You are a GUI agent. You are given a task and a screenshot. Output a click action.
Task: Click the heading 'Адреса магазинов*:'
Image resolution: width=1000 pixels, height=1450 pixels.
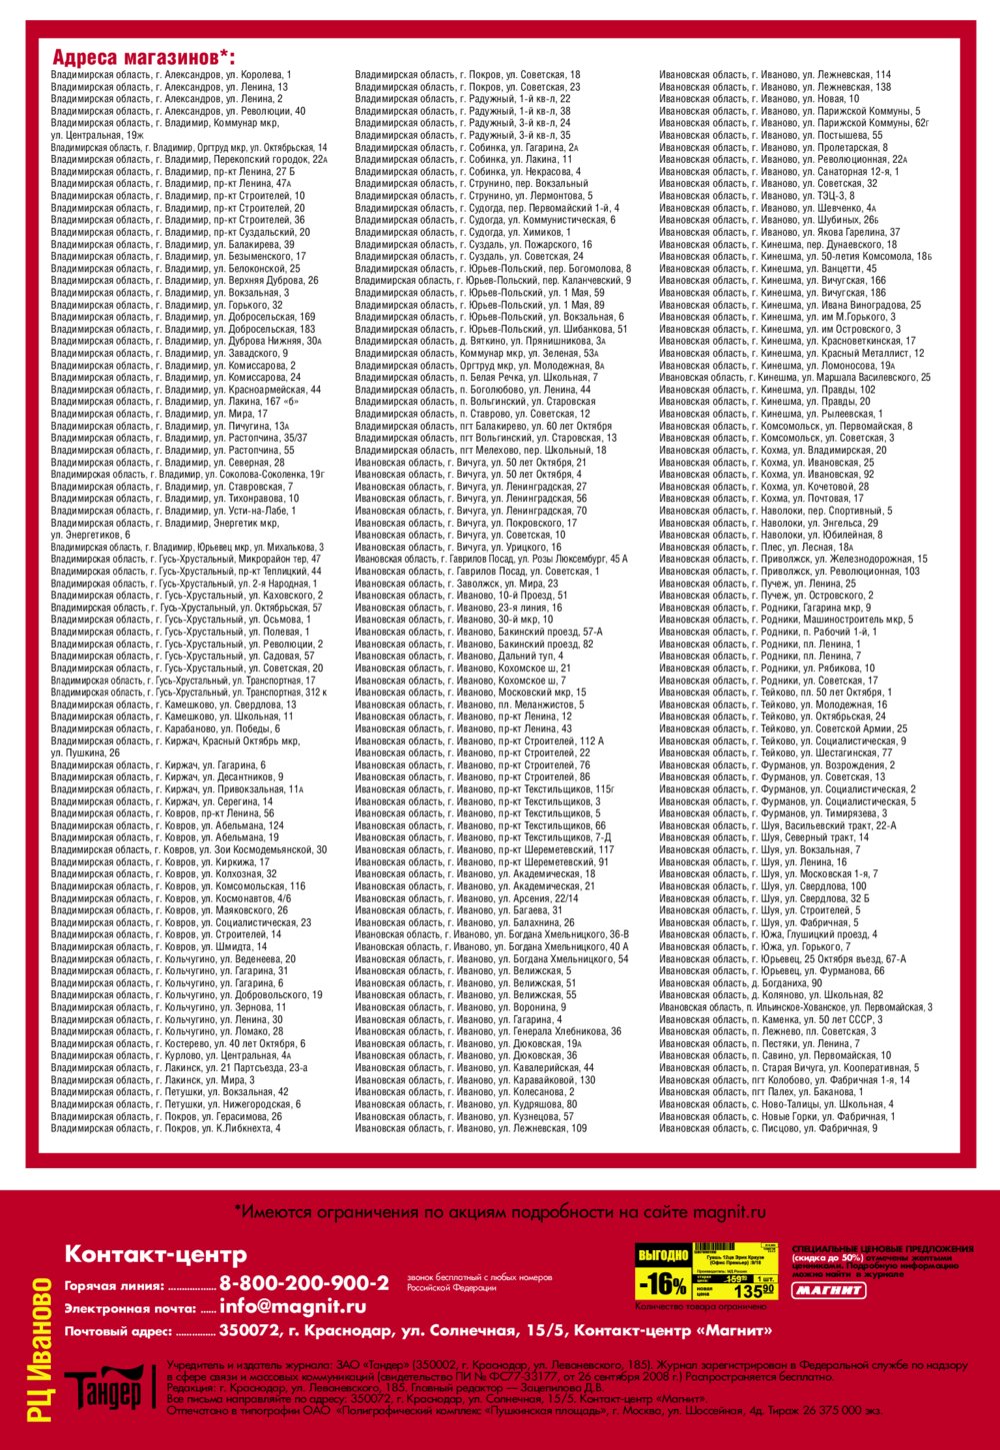click(x=143, y=57)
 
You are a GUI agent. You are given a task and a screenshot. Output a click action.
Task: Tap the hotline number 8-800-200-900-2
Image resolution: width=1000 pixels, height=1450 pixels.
click(x=304, y=1282)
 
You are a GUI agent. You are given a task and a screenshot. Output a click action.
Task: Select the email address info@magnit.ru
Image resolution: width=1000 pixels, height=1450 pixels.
click(x=292, y=1306)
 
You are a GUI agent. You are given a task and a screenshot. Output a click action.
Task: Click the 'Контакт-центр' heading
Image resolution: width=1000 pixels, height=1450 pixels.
click(x=155, y=1254)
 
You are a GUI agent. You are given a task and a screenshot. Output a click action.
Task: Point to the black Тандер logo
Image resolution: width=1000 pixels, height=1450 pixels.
click(x=104, y=1390)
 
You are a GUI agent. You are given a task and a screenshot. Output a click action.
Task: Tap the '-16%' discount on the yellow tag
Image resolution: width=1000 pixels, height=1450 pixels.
click(x=662, y=1283)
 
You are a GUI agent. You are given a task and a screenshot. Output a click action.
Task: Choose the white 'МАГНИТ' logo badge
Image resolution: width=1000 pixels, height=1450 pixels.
click(x=829, y=1290)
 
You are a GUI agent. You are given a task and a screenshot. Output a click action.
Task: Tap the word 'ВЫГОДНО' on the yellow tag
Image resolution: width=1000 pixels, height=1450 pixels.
click(x=662, y=1254)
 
